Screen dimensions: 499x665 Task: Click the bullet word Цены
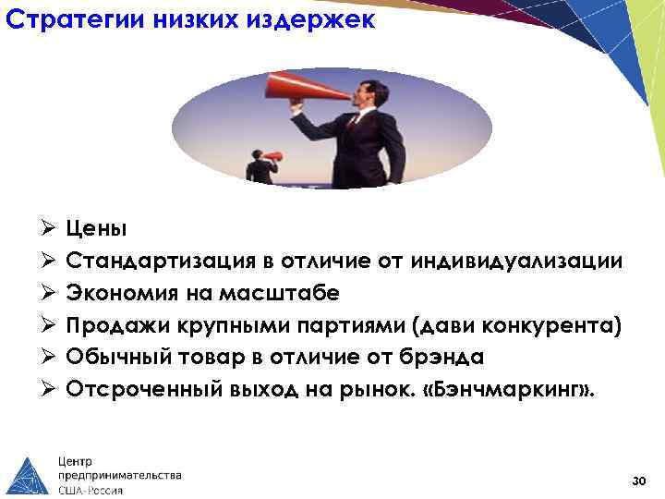(x=96, y=228)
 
